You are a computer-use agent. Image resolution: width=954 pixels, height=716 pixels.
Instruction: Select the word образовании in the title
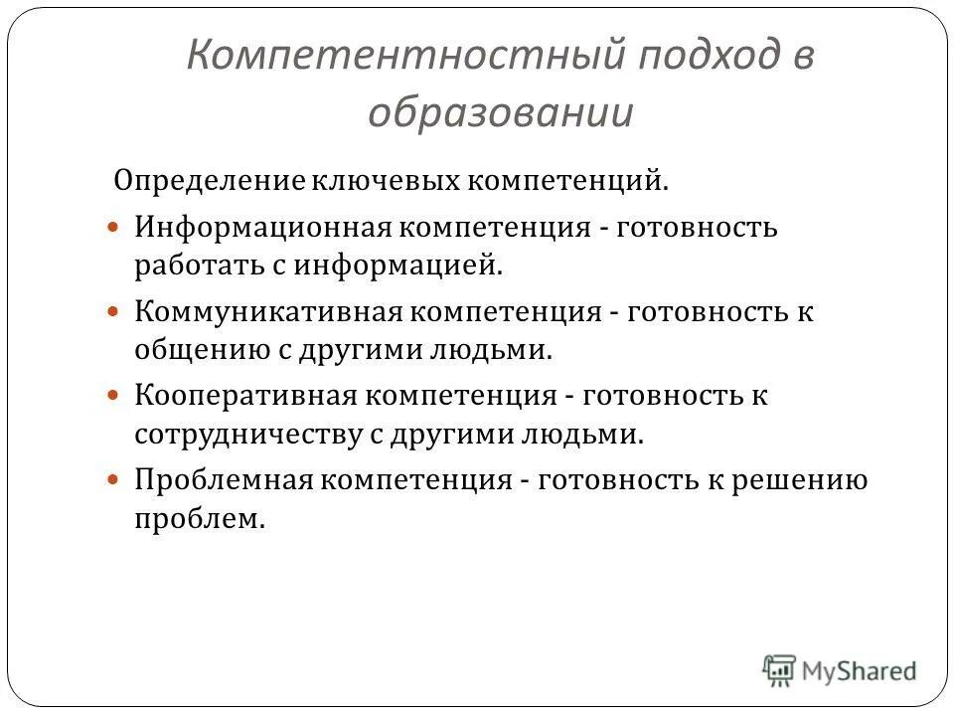pyautogui.click(x=500, y=112)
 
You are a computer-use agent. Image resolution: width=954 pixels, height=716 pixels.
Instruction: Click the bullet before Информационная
pyautogui.click(x=113, y=227)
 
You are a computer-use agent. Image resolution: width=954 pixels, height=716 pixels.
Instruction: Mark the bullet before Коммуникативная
pyautogui.click(x=113, y=311)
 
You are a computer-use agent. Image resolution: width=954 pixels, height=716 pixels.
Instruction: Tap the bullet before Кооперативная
pyautogui.click(x=113, y=395)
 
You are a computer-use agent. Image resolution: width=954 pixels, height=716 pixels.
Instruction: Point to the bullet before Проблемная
pyautogui.click(x=113, y=479)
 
